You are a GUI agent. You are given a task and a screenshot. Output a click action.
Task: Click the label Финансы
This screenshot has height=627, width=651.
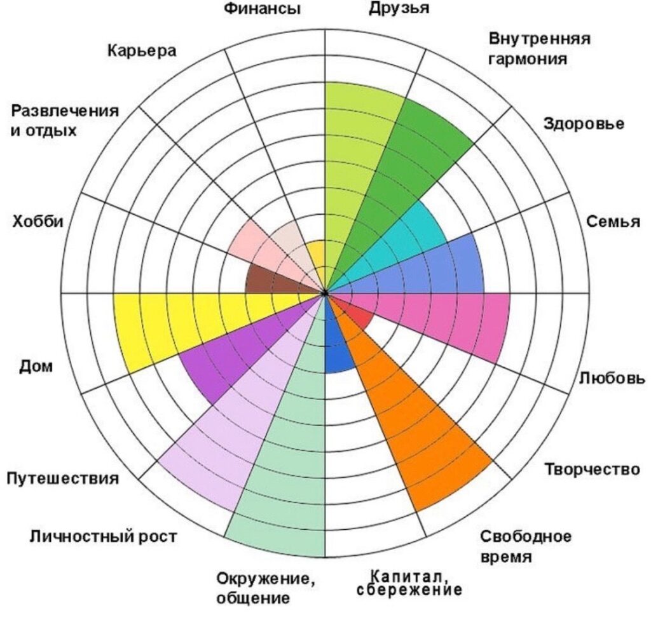(262, 8)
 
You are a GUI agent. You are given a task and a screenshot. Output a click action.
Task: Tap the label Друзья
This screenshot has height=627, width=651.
(399, 9)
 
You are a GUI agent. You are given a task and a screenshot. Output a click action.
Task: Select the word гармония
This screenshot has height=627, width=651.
(527, 59)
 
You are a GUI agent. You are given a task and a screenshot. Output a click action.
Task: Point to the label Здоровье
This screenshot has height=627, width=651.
(584, 124)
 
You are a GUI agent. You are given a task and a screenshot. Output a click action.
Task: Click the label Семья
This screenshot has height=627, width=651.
(613, 221)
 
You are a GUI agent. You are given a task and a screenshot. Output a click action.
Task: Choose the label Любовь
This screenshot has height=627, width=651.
(612, 378)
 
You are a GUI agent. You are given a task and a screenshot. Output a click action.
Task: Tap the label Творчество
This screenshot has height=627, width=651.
(592, 469)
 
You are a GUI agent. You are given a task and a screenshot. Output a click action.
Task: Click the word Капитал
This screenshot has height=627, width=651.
(409, 576)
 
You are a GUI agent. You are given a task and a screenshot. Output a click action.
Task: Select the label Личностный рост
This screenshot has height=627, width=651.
(103, 537)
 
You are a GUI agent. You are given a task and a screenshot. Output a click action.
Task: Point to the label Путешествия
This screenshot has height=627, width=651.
(63, 479)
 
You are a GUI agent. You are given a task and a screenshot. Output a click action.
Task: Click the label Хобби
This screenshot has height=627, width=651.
(38, 221)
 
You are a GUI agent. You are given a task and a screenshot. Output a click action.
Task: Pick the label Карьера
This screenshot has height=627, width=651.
(142, 51)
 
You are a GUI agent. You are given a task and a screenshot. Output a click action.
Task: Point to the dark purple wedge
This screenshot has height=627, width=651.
(233, 357)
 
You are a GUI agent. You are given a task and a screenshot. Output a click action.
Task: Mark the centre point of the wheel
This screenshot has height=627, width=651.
(325, 293)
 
